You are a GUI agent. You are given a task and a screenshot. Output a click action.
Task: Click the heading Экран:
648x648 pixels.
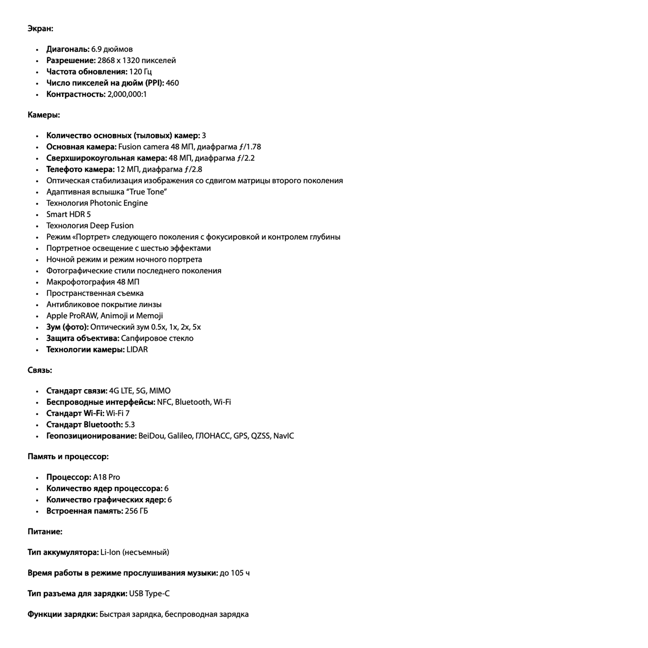[x=40, y=29]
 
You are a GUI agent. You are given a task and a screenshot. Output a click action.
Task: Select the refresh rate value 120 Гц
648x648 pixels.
[x=140, y=72]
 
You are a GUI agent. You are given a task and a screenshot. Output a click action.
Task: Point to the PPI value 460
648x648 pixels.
[x=172, y=83]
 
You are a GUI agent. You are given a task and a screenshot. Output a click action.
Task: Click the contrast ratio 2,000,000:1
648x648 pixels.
[x=127, y=94]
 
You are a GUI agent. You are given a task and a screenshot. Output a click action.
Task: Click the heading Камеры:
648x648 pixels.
[x=44, y=115]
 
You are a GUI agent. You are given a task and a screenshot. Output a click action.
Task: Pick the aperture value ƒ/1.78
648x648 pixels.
[x=250, y=147]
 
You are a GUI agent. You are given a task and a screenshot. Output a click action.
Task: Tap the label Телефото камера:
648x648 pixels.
[x=80, y=169]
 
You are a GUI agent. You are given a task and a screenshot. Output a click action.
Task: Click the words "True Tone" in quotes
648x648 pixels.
[x=146, y=192]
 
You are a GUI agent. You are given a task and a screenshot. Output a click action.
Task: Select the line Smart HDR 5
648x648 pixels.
[x=69, y=214]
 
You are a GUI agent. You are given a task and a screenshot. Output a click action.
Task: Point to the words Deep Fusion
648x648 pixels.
[x=111, y=226]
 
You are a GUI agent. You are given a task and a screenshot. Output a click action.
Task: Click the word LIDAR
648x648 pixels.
[x=137, y=349]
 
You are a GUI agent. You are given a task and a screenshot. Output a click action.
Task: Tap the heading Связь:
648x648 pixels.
[x=40, y=370]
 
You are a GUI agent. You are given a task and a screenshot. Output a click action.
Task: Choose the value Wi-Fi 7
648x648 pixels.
[x=118, y=413]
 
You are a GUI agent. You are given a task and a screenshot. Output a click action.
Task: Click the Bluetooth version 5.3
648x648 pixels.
[x=130, y=425]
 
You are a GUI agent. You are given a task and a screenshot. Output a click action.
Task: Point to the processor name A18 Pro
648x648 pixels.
[x=106, y=477]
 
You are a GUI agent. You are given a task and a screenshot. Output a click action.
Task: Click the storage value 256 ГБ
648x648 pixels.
[x=137, y=511]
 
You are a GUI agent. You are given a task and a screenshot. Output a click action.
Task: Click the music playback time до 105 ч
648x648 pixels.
[x=235, y=573]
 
